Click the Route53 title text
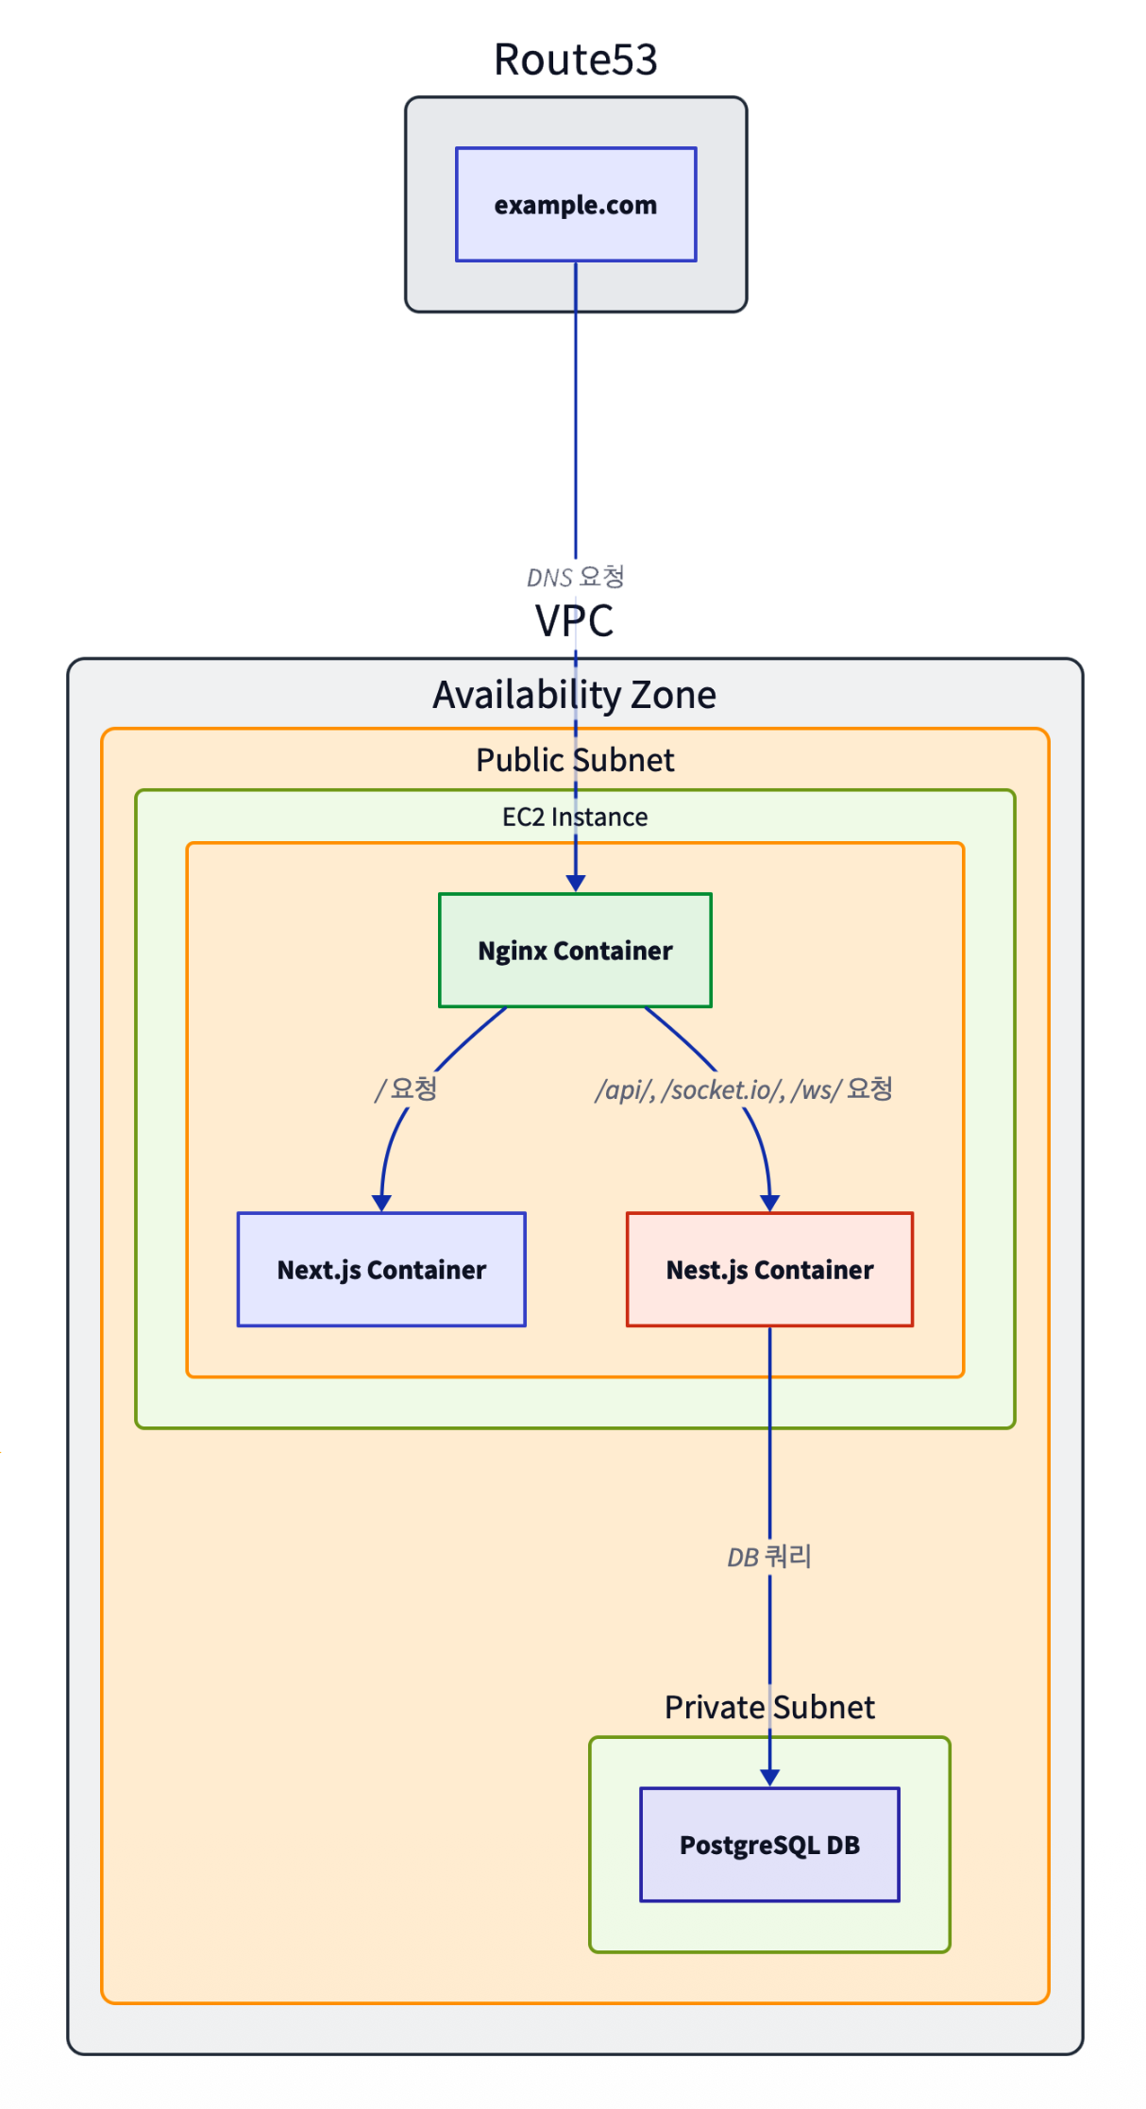[575, 59]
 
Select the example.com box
[576, 204]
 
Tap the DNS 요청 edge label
[575, 577]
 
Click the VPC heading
[574, 620]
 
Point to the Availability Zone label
[574, 695]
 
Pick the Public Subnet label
[575, 760]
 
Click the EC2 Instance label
[575, 817]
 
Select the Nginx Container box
[575, 950]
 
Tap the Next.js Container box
[381, 1269]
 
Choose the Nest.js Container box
[769, 1269]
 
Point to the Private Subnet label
[769, 1707]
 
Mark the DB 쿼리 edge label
[769, 1557]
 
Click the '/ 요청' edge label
[406, 1089]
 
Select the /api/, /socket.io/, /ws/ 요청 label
[743, 1089]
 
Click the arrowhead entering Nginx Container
[575, 884]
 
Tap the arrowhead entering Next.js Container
[381, 1203]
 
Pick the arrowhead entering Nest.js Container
[769, 1203]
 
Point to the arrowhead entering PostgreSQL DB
[769, 1778]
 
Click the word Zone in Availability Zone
[673, 695]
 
